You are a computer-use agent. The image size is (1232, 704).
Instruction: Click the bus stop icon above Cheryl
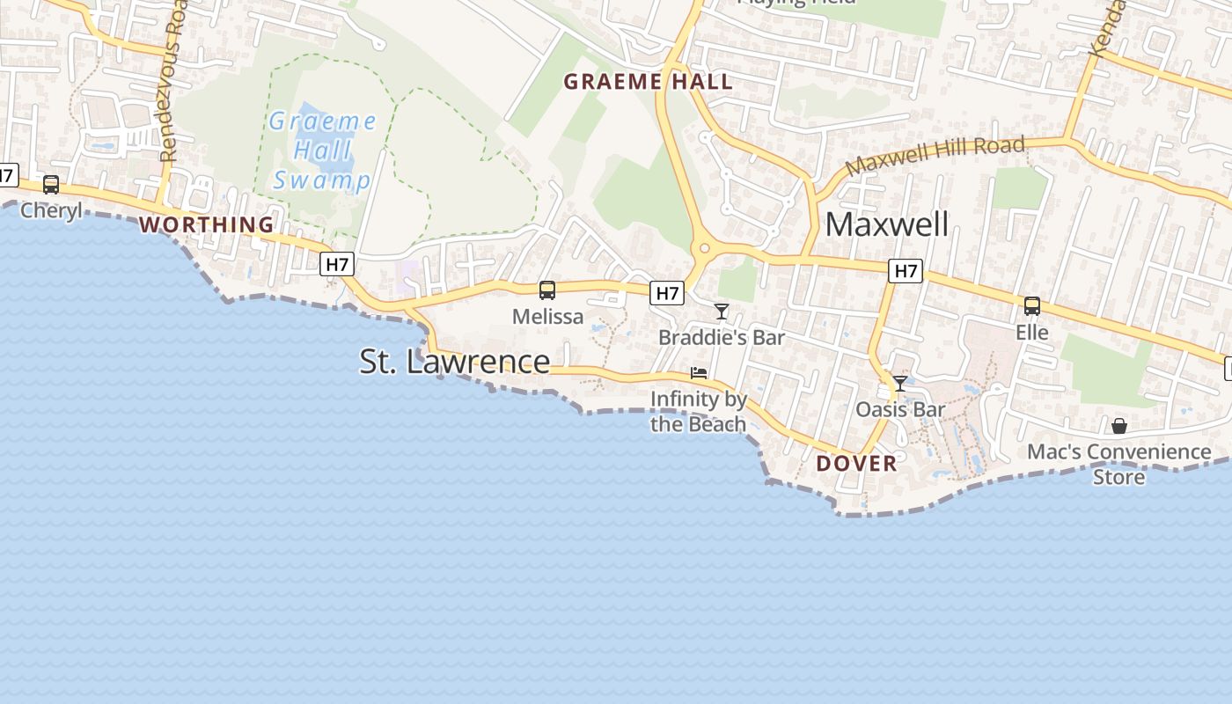(51, 185)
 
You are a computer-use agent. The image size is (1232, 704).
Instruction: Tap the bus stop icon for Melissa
(547, 290)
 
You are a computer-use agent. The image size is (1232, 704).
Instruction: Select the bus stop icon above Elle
(1032, 306)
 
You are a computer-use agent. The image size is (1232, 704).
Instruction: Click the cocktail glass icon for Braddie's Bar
(722, 311)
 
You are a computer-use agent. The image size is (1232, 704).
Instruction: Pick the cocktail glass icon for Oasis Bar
(900, 384)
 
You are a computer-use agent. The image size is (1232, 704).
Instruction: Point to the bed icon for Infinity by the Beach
(699, 373)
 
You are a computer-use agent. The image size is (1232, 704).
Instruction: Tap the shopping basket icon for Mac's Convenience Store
(1119, 426)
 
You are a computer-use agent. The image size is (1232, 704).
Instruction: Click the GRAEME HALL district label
(648, 82)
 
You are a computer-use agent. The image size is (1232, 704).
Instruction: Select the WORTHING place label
(207, 224)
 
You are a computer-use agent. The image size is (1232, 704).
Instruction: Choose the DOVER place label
(856, 463)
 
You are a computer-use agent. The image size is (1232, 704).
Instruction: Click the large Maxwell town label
(887, 224)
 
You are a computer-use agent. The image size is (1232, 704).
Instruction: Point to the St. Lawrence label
(455, 362)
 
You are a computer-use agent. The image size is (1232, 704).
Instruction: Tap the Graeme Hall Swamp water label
(322, 150)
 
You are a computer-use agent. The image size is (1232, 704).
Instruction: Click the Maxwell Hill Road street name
(935, 156)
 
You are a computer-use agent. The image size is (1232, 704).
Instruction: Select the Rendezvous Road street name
(172, 84)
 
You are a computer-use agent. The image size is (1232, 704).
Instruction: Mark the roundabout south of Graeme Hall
(703, 249)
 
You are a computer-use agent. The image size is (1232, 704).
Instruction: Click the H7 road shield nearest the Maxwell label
(906, 271)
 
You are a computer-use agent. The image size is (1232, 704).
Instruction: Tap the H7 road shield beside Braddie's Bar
(667, 293)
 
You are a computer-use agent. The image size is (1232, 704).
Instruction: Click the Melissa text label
(547, 317)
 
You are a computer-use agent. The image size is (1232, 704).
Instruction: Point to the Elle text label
(1032, 333)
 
